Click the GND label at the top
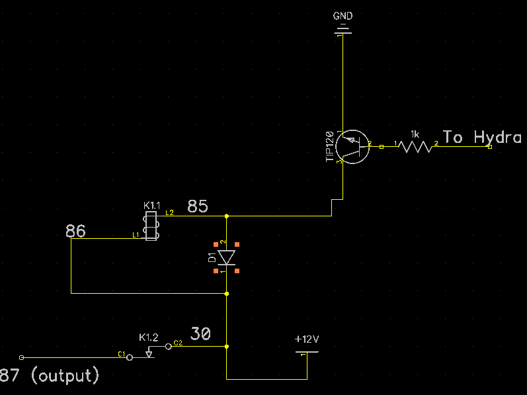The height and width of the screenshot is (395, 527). pyautogui.click(x=343, y=16)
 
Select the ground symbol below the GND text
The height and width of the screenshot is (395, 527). pyautogui.click(x=343, y=28)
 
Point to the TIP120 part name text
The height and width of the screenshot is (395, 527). pyautogui.click(x=329, y=146)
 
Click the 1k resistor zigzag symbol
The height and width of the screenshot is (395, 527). pyautogui.click(x=415, y=147)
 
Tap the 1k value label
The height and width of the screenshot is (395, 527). pyautogui.click(x=415, y=134)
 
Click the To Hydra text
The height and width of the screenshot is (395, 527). pyautogui.click(x=481, y=138)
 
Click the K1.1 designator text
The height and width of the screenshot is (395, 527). pyautogui.click(x=151, y=206)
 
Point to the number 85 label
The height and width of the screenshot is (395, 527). pyautogui.click(x=198, y=206)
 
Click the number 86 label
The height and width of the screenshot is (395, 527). pyautogui.click(x=76, y=231)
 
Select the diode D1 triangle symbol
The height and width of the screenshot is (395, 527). pyautogui.click(x=227, y=257)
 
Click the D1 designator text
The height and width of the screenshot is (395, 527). pyautogui.click(x=212, y=257)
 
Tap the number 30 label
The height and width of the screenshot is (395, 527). pyautogui.click(x=200, y=334)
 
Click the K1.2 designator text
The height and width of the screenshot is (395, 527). pyautogui.click(x=148, y=337)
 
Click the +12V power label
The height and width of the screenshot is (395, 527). pyautogui.click(x=307, y=339)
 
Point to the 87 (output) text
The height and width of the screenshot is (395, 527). pyautogui.click(x=50, y=376)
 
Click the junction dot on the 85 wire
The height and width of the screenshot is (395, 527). pyautogui.click(x=227, y=216)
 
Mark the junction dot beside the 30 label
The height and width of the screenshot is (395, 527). pyautogui.click(x=227, y=346)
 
